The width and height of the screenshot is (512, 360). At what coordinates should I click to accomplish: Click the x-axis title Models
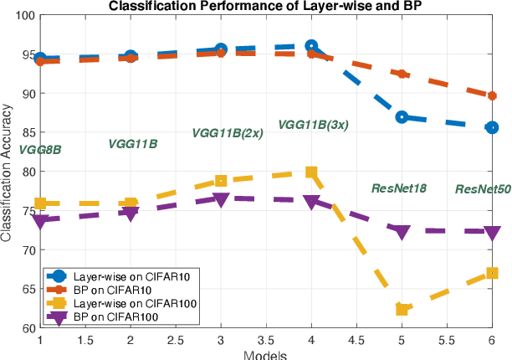click(266, 354)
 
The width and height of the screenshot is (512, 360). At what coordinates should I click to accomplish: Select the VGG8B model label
click(40, 150)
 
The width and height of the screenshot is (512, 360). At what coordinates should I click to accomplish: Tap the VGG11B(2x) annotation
click(228, 133)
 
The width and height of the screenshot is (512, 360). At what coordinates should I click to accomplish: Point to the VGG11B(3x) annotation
click(313, 125)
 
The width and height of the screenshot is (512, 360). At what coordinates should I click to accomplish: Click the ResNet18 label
click(399, 188)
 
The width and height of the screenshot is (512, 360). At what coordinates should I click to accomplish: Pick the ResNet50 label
click(483, 190)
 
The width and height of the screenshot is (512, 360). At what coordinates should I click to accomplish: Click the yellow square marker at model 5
click(402, 310)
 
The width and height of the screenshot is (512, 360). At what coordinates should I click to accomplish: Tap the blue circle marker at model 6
click(492, 127)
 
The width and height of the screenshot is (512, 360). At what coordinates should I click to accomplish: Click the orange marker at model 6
click(492, 96)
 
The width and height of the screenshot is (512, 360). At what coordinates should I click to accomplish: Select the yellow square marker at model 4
click(311, 172)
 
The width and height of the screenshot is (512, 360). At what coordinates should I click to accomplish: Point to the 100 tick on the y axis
click(24, 16)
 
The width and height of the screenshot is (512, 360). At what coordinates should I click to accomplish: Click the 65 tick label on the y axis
click(28, 289)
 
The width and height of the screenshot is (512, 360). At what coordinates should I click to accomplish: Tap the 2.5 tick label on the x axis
click(176, 342)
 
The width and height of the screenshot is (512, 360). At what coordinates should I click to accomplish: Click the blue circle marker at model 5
click(402, 117)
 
